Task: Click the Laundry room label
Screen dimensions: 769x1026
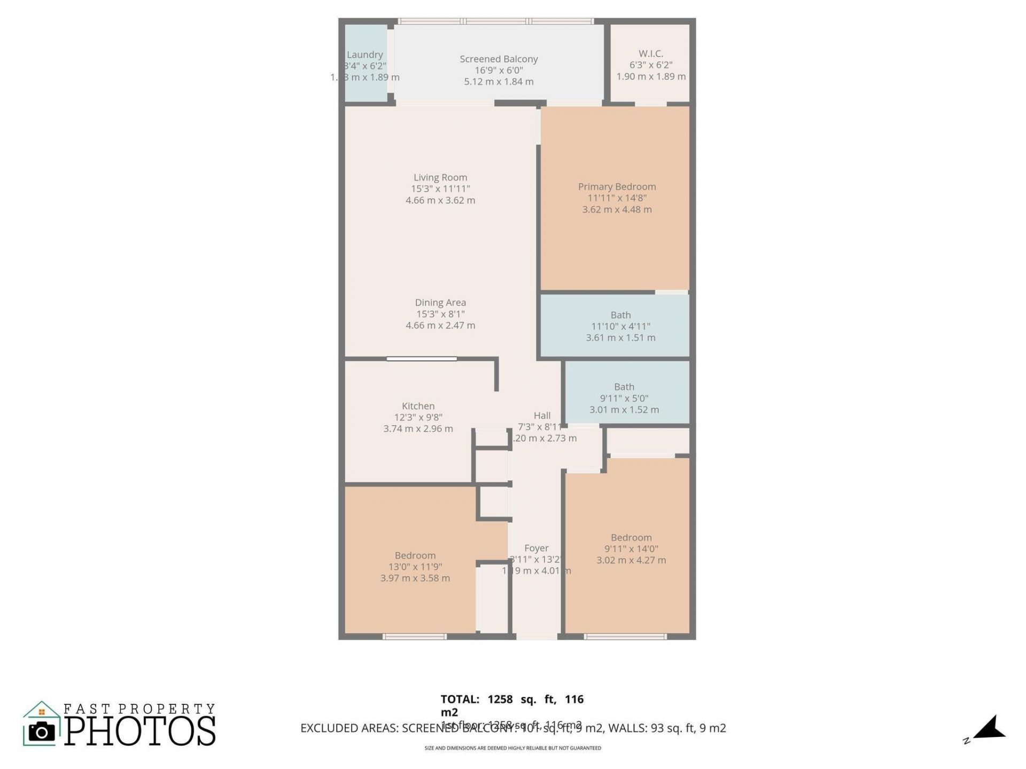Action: tap(364, 54)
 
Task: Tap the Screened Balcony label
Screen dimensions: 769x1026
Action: tap(499, 59)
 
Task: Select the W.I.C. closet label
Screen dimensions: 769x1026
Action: tap(650, 53)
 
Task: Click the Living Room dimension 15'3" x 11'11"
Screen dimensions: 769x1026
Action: tap(440, 189)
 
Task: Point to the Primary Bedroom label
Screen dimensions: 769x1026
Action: tap(617, 186)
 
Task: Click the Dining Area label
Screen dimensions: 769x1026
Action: tap(440, 302)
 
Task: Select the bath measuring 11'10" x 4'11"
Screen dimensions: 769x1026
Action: tap(620, 326)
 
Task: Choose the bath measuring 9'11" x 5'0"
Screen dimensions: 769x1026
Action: tap(624, 398)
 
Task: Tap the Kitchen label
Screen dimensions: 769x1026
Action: tap(418, 406)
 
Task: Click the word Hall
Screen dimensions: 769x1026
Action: tap(542, 415)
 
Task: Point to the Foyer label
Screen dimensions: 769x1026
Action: tap(536, 548)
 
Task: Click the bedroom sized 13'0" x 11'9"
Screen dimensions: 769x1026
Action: tap(415, 567)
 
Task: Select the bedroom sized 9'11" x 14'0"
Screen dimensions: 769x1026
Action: tap(631, 548)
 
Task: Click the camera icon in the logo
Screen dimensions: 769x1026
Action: tap(42, 731)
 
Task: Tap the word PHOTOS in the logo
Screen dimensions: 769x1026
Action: tap(141, 731)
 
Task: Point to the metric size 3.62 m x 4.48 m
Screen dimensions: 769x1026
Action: tap(617, 209)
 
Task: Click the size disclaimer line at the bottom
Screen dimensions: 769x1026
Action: tap(512, 748)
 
